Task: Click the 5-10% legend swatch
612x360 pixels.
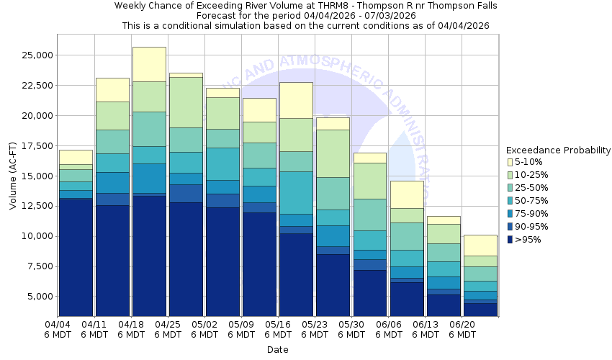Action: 510,162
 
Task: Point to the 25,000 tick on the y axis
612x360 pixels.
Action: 34,55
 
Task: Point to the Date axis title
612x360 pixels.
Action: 277,350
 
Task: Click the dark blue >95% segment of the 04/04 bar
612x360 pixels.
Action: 76,256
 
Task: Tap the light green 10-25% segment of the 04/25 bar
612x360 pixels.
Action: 186,102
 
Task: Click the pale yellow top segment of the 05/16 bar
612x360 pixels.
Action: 297,100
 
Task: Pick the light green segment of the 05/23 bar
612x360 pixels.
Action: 333,153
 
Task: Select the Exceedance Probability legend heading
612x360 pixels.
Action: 558,150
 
